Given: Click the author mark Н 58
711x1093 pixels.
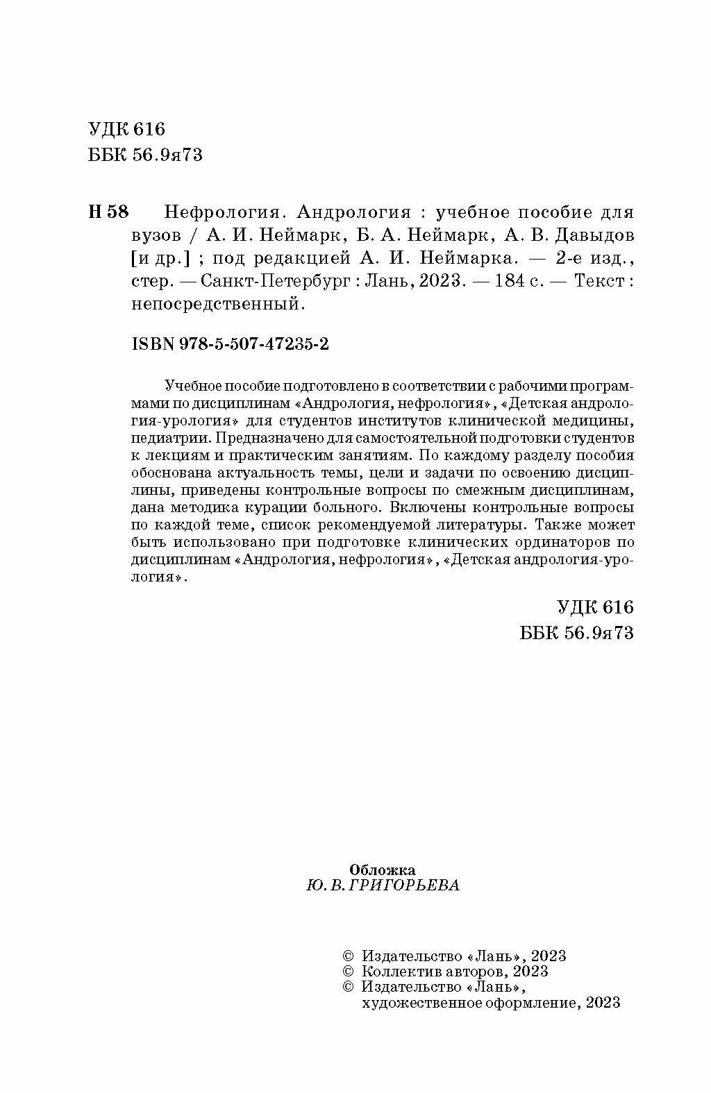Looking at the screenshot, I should [x=109, y=212].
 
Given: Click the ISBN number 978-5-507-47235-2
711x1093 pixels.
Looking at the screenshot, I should [x=253, y=345].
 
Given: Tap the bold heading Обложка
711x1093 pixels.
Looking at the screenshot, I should [x=383, y=870].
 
